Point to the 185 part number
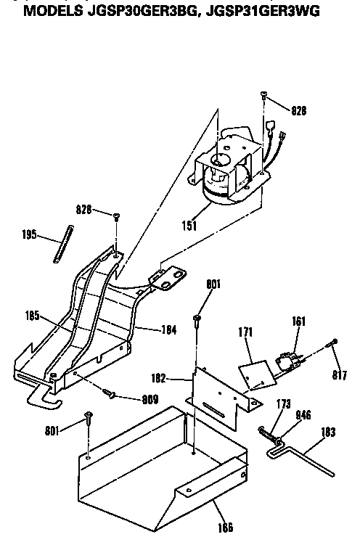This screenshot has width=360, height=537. pyautogui.click(x=32, y=316)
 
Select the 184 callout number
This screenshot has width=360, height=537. pyautogui.click(x=168, y=329)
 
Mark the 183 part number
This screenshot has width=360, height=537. pyautogui.click(x=329, y=432)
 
